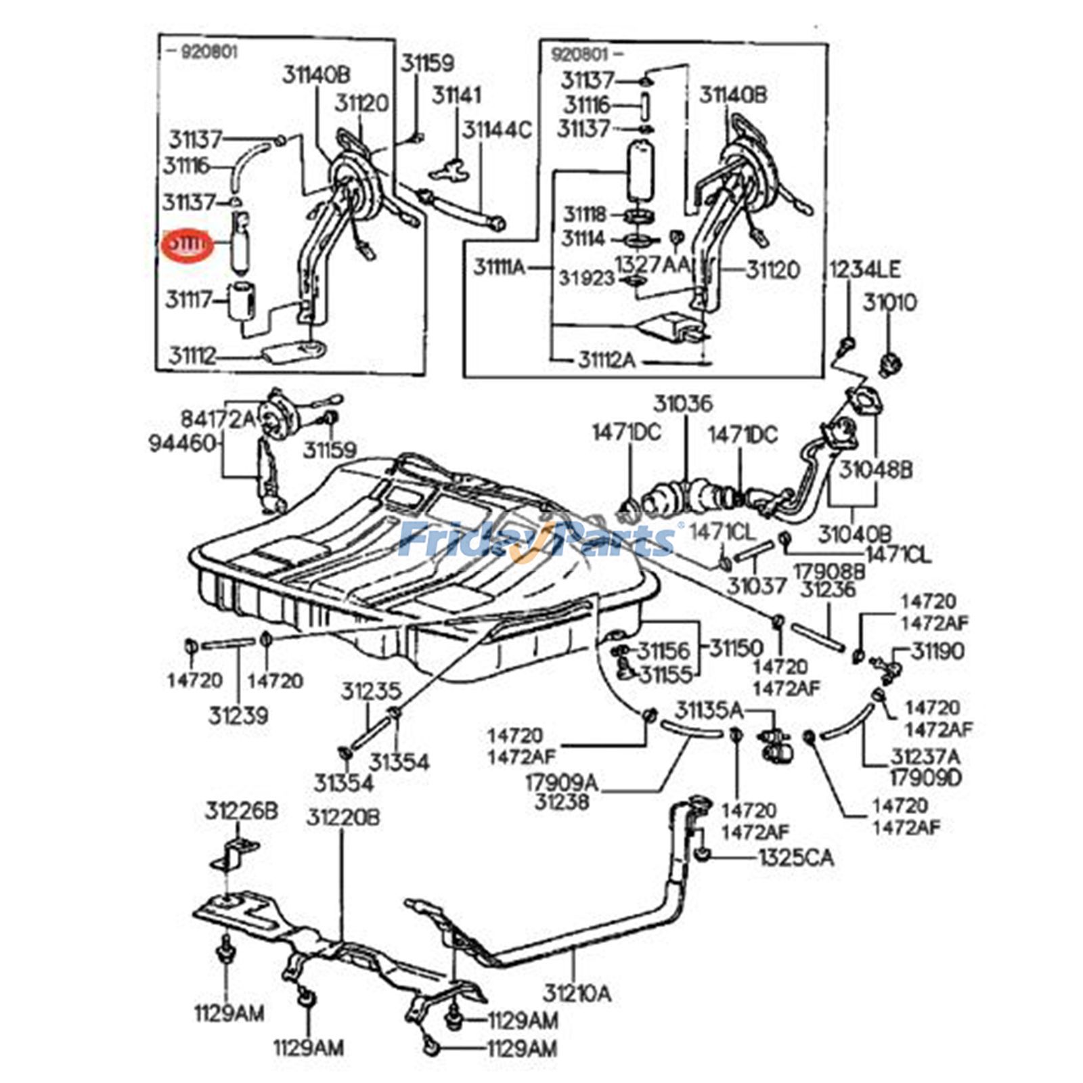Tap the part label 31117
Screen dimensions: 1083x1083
(190, 299)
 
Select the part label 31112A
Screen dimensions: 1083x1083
(606, 359)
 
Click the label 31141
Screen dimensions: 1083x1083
(457, 95)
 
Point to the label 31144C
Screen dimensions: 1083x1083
(497, 129)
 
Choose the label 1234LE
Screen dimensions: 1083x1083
(865, 270)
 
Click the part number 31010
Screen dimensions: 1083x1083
(889, 303)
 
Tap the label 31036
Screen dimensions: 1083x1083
(682, 405)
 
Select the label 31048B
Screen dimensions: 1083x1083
(876, 470)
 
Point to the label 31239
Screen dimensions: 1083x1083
(238, 715)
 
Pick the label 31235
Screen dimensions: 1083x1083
(371, 692)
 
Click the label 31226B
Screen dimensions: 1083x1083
(242, 811)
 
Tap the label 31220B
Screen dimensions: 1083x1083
(342, 818)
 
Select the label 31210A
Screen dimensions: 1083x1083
(577, 994)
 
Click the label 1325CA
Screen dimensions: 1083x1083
(795, 858)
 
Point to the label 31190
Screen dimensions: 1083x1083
(937, 651)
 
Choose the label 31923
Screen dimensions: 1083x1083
(586, 278)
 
